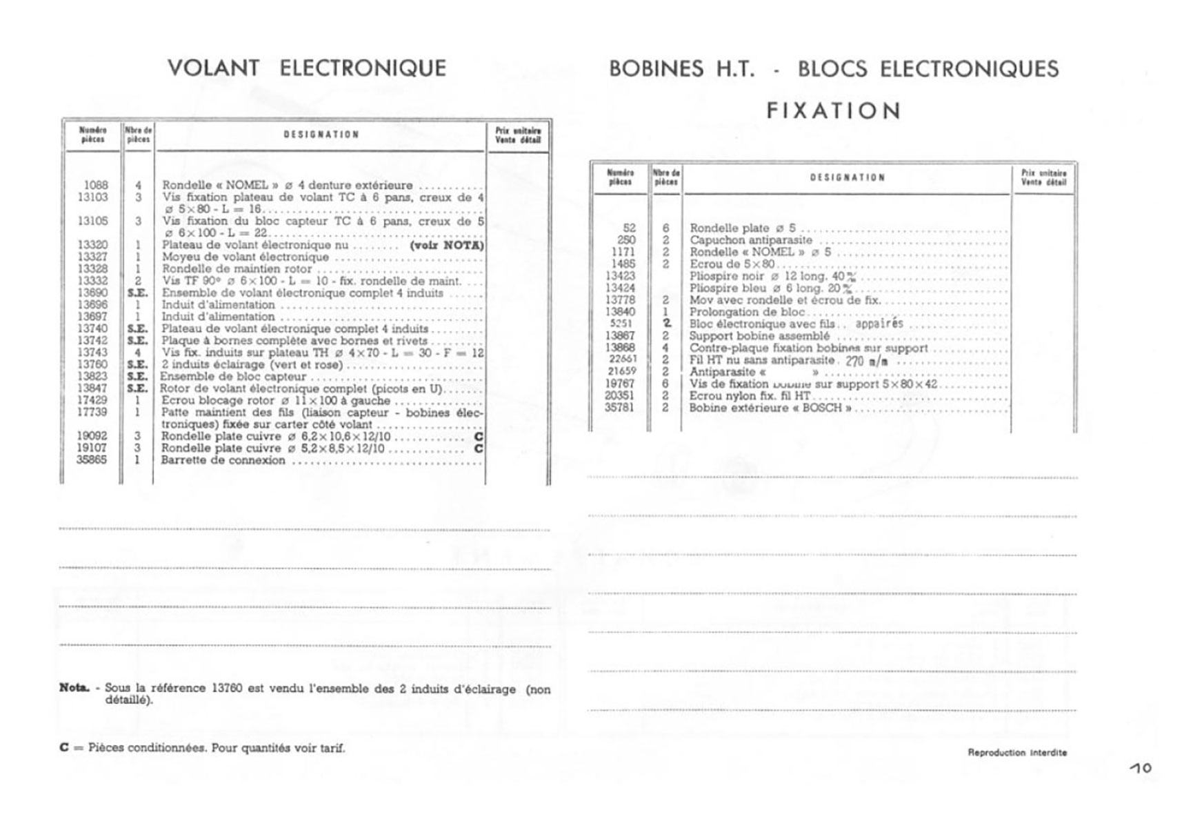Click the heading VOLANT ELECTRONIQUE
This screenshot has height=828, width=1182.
307,68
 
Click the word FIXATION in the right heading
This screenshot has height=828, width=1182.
833,110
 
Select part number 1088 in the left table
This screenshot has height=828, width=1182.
96,185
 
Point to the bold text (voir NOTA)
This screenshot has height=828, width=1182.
446,245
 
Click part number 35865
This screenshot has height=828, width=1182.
92,460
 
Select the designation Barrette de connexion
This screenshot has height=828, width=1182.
223,460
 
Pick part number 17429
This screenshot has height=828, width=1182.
92,400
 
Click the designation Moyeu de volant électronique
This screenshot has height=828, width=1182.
245,257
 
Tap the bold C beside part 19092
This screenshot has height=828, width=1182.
479,437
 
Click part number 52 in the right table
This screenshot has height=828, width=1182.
628,228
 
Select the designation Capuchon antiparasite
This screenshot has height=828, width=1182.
750,240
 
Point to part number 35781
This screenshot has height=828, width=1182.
620,408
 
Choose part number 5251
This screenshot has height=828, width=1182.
621,324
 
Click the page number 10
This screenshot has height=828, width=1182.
1141,767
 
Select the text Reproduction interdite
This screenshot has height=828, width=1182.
1017,752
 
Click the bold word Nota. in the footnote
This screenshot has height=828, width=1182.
74,688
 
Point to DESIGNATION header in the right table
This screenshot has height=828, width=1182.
847,177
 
